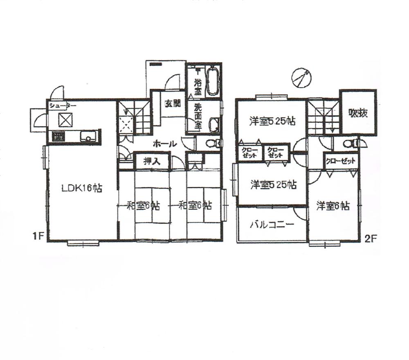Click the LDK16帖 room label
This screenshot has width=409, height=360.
point(82,189)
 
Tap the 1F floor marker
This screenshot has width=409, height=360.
point(39,236)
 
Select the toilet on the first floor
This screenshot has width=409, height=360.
point(211,143)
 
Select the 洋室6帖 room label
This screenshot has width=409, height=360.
point(333,206)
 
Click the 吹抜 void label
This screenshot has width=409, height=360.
point(358,112)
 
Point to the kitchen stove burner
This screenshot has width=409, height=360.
point(58,137)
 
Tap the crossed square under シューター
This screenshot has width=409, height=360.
point(65,120)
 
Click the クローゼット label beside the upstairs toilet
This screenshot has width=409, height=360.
point(341,161)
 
